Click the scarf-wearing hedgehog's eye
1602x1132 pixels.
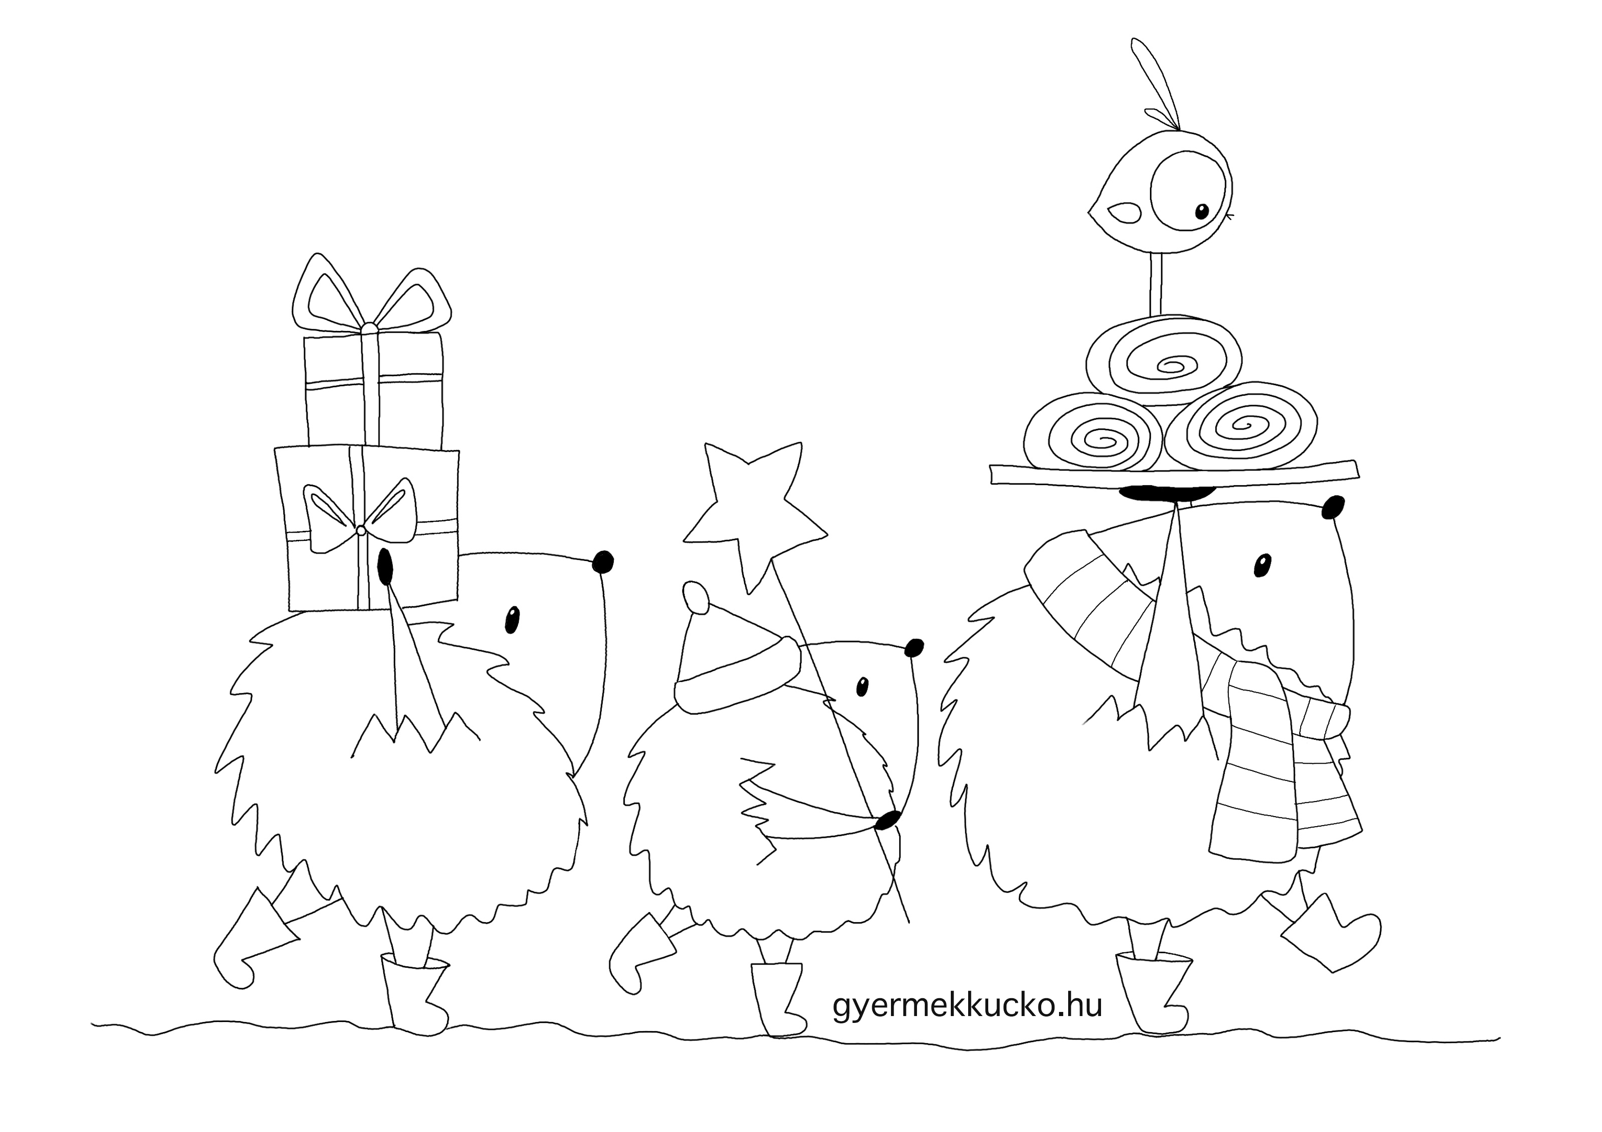(x=1262, y=565)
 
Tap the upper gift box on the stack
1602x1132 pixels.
(x=373, y=391)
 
